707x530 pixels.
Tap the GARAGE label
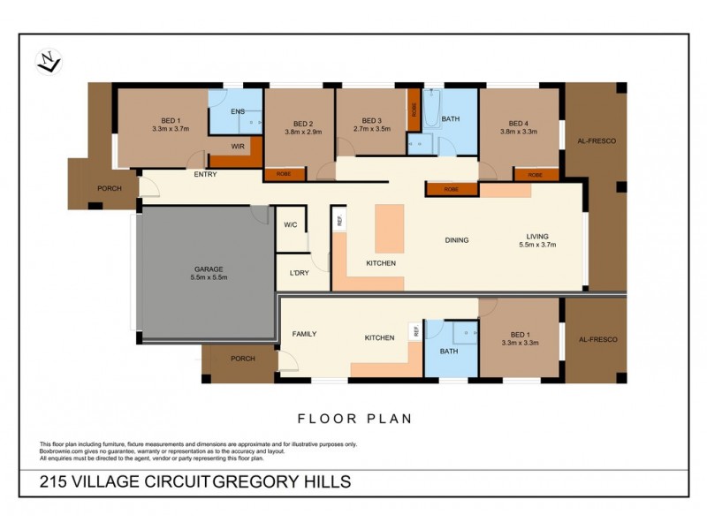209,269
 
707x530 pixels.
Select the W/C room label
290,225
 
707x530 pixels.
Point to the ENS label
237,112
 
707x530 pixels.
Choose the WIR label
237,147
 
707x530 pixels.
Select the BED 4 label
519,123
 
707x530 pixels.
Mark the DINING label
457,239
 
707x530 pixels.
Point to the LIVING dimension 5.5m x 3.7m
537,245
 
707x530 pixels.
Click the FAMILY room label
304,333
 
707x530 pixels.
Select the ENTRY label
205,174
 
